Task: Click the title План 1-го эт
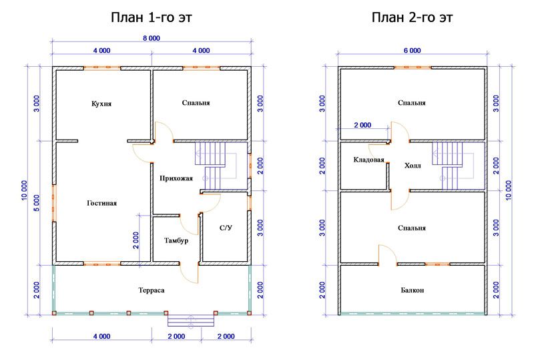click(x=152, y=17)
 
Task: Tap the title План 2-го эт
click(x=412, y=17)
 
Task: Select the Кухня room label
click(x=101, y=104)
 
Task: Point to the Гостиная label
click(x=102, y=203)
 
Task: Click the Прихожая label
click(x=176, y=178)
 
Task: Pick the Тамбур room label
click(x=176, y=240)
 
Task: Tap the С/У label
click(x=226, y=228)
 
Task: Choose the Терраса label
click(x=152, y=290)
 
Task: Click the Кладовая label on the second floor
click(x=368, y=160)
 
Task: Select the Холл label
click(x=413, y=166)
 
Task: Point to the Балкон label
click(x=412, y=290)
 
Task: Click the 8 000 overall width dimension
click(x=152, y=38)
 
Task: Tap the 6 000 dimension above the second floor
click(x=412, y=51)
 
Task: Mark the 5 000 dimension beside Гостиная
click(x=37, y=203)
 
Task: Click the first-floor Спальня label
click(x=196, y=103)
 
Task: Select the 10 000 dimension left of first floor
click(x=24, y=190)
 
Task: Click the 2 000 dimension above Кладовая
click(x=362, y=125)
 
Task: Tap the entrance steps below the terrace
click(x=191, y=321)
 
